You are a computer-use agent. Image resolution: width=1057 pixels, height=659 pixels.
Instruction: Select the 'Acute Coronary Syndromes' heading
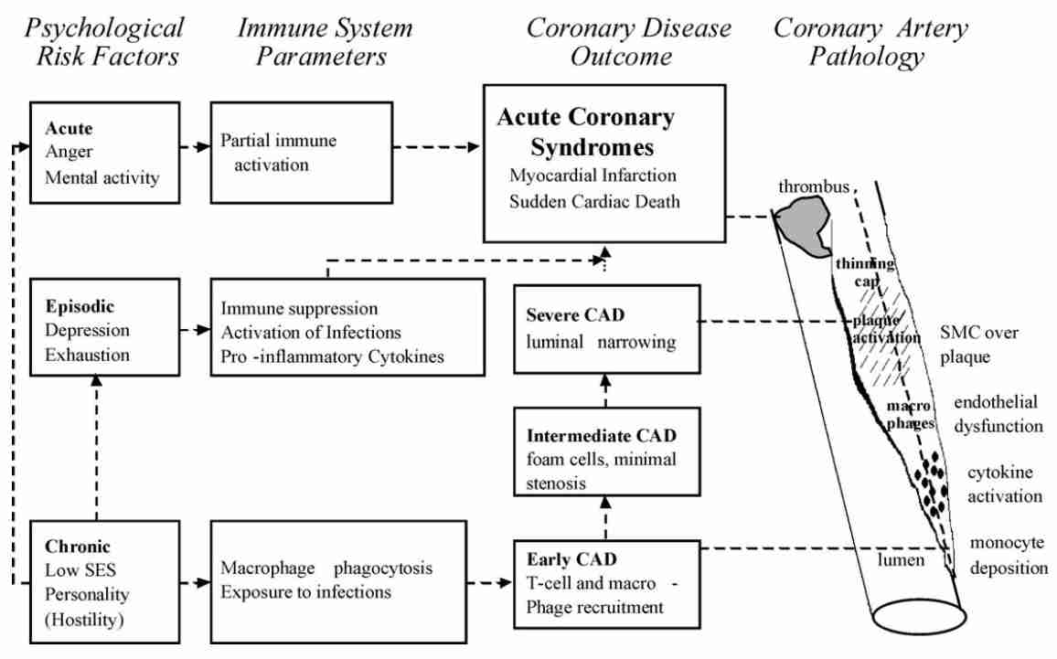pos(586,132)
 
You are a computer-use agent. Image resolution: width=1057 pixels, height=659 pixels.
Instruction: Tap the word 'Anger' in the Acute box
pos(69,153)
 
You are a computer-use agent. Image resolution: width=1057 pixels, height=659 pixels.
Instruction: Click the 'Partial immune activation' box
pos(302,153)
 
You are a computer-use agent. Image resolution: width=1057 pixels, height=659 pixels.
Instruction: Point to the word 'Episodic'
pos(80,306)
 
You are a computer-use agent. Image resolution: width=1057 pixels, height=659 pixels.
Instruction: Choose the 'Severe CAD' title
pos(575,315)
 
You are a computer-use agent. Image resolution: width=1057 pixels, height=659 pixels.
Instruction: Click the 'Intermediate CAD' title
pos(602,436)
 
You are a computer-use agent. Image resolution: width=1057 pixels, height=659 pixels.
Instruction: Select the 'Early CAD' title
pos(571,559)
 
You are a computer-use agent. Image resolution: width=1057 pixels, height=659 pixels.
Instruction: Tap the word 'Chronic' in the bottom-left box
pos(78,547)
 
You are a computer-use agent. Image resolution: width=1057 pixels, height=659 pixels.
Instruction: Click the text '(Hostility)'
pos(84,620)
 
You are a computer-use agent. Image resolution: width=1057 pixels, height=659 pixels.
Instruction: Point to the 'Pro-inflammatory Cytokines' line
pos(332,356)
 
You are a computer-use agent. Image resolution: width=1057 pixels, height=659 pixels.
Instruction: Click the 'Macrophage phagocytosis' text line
pos(326,568)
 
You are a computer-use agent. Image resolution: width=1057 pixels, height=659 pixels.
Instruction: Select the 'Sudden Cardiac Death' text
pos(594,201)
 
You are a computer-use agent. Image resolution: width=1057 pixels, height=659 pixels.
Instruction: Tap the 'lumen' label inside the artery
pos(901,559)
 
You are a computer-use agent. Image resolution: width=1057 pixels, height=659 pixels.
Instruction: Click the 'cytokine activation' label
pos(1004,484)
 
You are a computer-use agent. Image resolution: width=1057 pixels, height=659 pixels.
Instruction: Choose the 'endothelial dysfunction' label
pos(998,414)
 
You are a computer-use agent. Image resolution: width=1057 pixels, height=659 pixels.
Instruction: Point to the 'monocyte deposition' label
pos(1009,555)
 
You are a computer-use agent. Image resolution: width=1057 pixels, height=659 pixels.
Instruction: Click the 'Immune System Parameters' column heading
pos(325,42)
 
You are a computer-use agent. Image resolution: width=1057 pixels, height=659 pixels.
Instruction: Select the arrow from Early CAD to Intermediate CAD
pos(605,517)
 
